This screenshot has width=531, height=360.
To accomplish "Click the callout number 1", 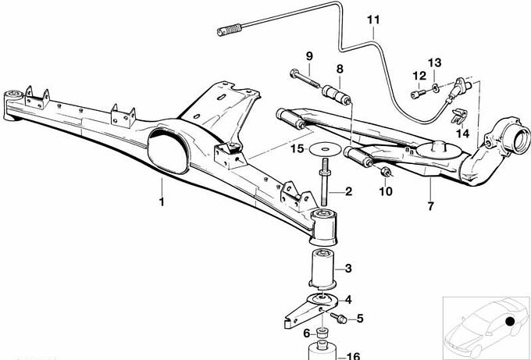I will (x=162, y=203).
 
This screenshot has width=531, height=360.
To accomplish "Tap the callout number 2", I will (x=348, y=191).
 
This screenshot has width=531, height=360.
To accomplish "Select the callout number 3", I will (x=348, y=269).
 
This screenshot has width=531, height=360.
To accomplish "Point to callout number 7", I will (x=348, y=299).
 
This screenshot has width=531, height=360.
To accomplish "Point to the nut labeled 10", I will (x=385, y=169).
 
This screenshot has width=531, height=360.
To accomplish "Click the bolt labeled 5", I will (x=338, y=317).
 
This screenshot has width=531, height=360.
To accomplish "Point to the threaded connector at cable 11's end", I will (x=228, y=32).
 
